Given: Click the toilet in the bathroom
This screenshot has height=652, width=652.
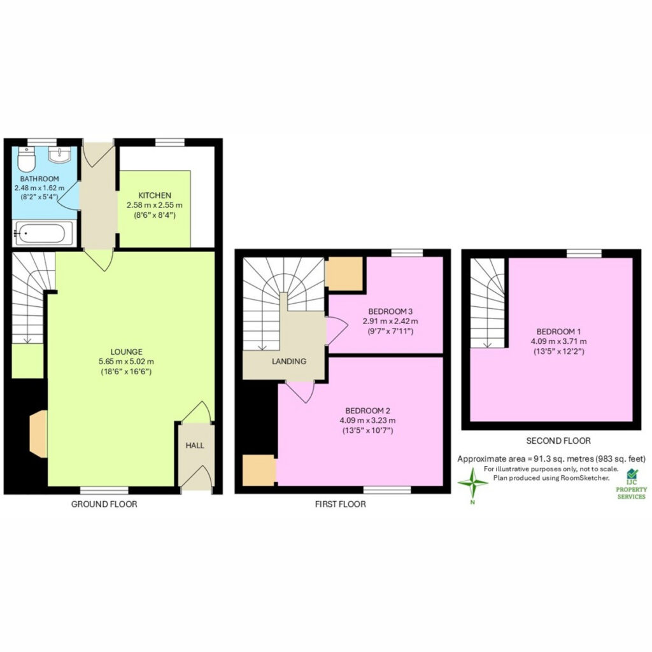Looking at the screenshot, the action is click(x=27, y=159).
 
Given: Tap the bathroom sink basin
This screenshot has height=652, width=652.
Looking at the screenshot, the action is click(x=60, y=155).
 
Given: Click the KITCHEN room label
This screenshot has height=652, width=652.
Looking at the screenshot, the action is click(x=155, y=195).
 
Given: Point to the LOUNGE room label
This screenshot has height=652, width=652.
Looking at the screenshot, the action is click(x=127, y=351).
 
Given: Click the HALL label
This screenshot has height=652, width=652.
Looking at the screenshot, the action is click(x=195, y=446).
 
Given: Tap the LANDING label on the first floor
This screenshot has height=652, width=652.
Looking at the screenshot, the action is click(x=289, y=362).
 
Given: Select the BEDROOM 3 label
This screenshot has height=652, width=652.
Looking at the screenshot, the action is click(x=390, y=311).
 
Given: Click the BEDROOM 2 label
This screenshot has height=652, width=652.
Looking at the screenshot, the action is click(x=367, y=411).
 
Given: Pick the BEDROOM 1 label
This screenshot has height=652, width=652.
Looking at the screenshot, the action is click(x=558, y=331).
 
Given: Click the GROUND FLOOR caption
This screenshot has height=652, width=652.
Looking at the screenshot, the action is click(x=104, y=504).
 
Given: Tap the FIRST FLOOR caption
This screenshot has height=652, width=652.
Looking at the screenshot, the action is click(x=341, y=504).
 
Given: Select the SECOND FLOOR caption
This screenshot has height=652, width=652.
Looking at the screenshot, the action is click(x=558, y=441).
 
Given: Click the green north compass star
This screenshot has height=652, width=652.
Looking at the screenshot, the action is click(x=473, y=483).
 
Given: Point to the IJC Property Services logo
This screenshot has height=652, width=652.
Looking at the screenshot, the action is click(x=632, y=485).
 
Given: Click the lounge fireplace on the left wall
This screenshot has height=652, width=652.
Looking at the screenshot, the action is click(x=38, y=434).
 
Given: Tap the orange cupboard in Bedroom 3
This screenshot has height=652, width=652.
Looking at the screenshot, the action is click(x=344, y=273).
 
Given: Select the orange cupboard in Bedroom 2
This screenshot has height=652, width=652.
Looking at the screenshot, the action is click(x=259, y=471).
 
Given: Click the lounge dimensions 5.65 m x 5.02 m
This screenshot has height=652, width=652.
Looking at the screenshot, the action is click(x=127, y=362).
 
